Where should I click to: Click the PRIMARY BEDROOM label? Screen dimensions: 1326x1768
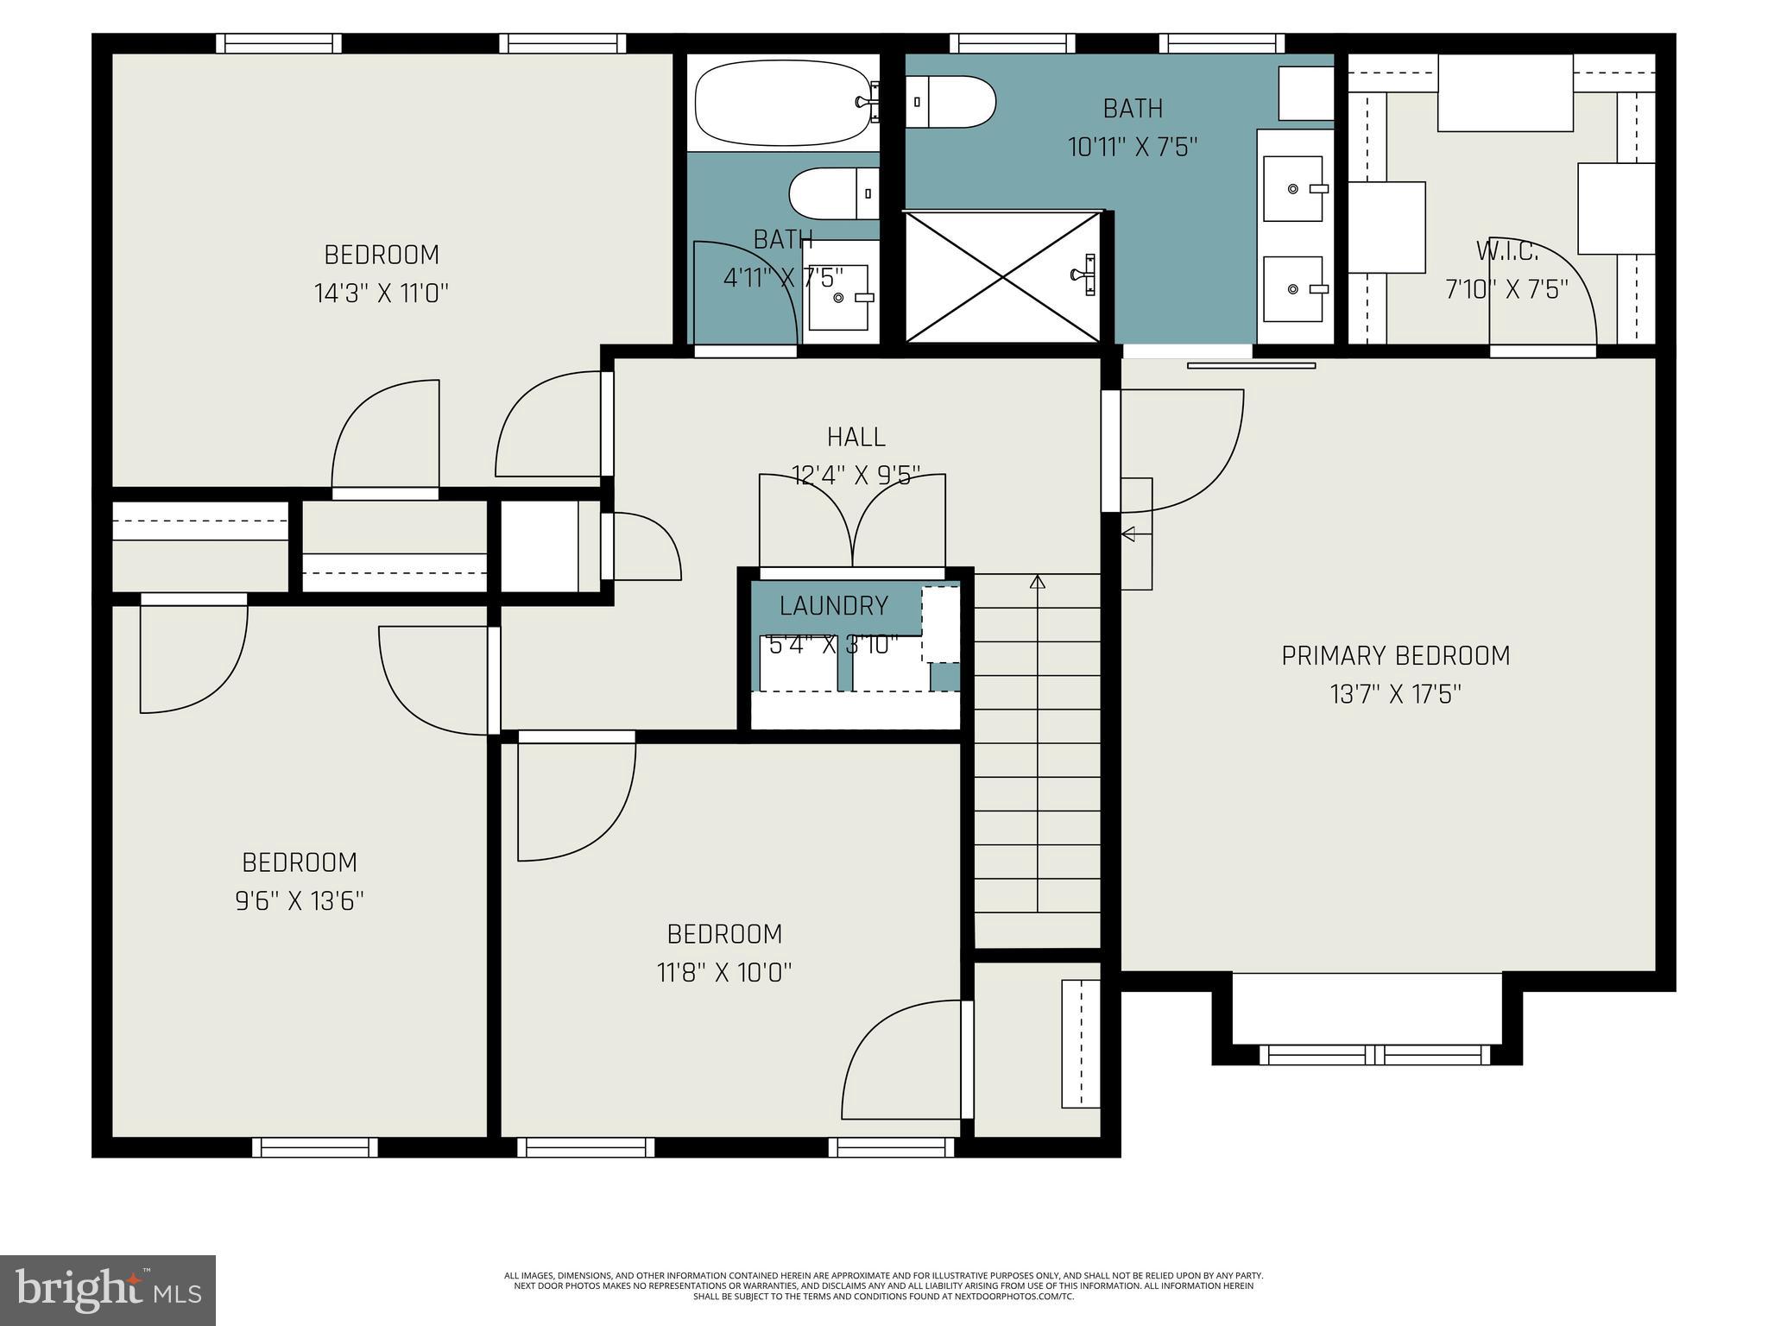(x=1395, y=656)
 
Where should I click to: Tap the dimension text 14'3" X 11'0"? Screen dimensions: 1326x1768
(x=381, y=294)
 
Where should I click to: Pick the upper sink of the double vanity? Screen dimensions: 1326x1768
(x=1293, y=189)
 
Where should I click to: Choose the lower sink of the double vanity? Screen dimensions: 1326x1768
(x=1293, y=288)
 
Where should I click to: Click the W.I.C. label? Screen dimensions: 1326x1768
(x=1506, y=251)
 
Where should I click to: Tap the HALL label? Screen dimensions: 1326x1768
(x=856, y=437)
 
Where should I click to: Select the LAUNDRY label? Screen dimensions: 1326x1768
(x=833, y=606)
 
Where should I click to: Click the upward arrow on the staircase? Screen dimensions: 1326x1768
(x=1038, y=582)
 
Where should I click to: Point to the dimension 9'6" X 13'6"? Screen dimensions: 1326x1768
(x=300, y=901)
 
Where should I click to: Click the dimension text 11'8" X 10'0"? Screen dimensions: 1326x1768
(x=723, y=973)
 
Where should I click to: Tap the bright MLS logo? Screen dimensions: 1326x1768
(x=108, y=1291)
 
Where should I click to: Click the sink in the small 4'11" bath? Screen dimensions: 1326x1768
(x=838, y=298)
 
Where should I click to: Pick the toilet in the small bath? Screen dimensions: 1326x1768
(x=833, y=193)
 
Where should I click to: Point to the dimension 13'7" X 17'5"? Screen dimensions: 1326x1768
(x=1395, y=694)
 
